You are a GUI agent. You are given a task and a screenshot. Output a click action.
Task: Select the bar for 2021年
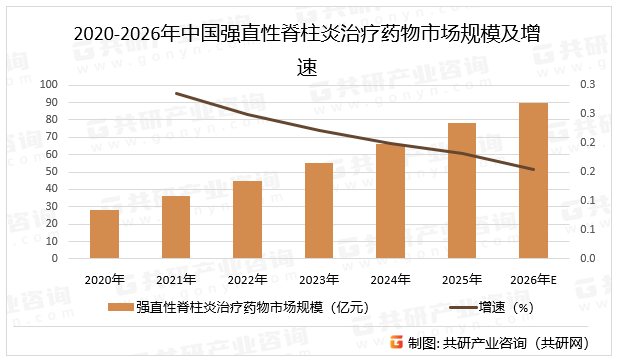click(x=176, y=227)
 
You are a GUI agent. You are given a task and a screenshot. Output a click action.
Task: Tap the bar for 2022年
click(x=247, y=219)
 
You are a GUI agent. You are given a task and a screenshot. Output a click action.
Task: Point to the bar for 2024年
click(x=390, y=201)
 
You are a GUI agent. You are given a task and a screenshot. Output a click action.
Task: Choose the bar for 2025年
click(x=461, y=190)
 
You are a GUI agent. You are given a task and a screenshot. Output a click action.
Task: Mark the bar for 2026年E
click(x=533, y=180)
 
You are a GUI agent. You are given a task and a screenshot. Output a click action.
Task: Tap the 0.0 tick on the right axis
click(x=588, y=259)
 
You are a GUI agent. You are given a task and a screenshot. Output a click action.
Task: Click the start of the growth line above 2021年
click(x=176, y=93)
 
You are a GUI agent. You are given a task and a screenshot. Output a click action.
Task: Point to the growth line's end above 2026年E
click(x=533, y=169)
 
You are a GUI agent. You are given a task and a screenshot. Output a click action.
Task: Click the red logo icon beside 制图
click(x=396, y=342)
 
